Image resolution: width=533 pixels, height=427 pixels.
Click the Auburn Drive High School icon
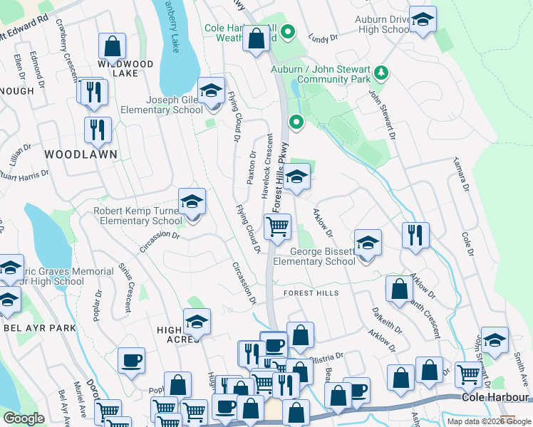[423, 21]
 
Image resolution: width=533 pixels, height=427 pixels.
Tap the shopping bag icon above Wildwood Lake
[112, 48]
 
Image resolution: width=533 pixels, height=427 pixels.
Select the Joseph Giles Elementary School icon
[212, 92]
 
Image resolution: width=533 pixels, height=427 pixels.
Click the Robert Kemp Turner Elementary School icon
[192, 203]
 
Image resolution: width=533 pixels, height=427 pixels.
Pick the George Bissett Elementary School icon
[368, 244]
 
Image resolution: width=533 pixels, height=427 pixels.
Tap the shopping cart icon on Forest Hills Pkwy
[277, 228]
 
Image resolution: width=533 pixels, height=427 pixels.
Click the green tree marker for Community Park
[381, 72]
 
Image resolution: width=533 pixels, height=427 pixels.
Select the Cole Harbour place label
[495, 397]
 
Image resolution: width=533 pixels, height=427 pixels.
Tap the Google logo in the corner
[24, 418]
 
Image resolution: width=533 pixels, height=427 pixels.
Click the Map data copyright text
[489, 421]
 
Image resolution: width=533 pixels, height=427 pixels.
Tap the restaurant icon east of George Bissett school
[415, 236]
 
